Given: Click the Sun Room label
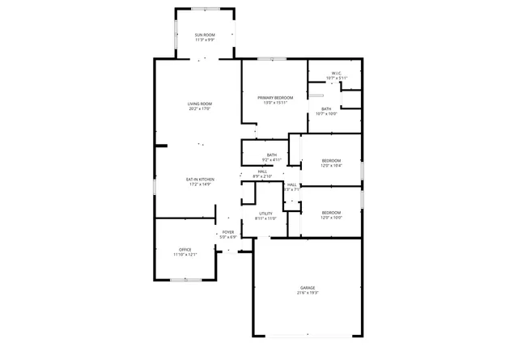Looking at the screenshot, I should click(205, 35).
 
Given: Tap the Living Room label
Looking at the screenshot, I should click(199, 103).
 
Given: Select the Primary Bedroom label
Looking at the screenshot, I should click(275, 98).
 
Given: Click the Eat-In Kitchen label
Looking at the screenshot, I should click(200, 179).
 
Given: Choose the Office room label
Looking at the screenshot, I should click(185, 249).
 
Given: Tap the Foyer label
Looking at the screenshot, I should click(228, 232).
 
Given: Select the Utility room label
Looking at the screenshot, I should click(265, 214).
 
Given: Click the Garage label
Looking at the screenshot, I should click(308, 288).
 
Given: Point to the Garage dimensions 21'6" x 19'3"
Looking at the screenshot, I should click(308, 294).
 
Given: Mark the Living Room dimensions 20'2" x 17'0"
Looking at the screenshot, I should click(199, 108).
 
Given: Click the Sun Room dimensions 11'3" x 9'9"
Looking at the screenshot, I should click(205, 40).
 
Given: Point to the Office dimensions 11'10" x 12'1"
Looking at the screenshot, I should click(185, 255).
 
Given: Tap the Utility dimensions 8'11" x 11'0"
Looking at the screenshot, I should click(265, 219).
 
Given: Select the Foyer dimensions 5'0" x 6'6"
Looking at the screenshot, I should click(228, 238).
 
